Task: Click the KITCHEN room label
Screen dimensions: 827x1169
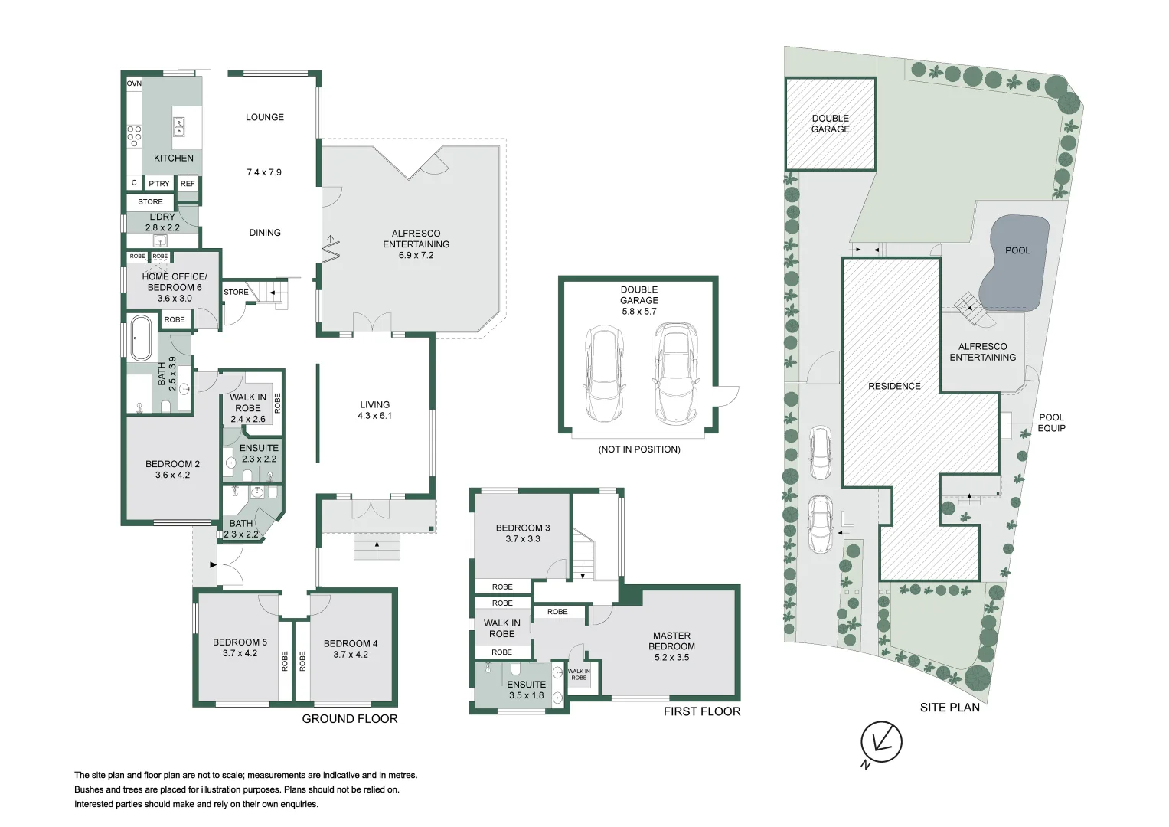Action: [x=174, y=159]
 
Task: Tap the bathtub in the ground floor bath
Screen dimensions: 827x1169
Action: [x=142, y=337]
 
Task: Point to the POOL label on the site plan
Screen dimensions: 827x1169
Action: [x=1017, y=250]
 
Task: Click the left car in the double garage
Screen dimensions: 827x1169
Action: [x=604, y=374]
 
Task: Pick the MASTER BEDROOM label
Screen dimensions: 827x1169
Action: [x=671, y=641]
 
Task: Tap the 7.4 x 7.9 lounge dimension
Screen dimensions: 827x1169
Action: [x=264, y=172]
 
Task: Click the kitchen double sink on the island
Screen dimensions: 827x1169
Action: [x=178, y=126]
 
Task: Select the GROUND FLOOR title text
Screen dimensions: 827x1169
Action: [x=350, y=719]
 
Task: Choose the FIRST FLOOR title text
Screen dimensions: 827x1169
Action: [x=702, y=711]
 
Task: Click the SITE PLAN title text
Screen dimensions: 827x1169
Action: [x=949, y=708]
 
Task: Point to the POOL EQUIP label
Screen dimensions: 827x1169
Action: [x=1051, y=423]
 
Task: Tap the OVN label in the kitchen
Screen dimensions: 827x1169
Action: [x=134, y=83]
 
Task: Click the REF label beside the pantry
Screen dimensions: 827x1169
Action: [x=188, y=184]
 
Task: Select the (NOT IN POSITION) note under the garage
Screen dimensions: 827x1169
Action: [x=639, y=449]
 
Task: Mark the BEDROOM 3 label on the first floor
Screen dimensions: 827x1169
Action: [x=523, y=528]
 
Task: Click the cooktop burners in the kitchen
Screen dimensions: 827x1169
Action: [x=134, y=136]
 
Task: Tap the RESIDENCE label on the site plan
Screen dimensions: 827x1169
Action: [x=894, y=386]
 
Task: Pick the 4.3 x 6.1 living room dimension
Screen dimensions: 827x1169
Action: [x=374, y=416]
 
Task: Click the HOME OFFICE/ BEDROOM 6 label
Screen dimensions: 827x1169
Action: [x=175, y=282]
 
